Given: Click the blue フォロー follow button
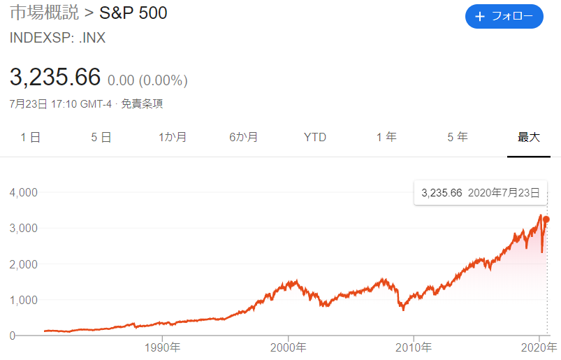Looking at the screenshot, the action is (x=504, y=17).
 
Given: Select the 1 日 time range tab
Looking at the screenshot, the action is (x=31, y=137).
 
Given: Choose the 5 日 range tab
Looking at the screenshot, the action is (x=101, y=137).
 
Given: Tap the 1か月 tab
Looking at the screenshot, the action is (x=173, y=137).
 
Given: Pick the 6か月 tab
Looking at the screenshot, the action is (x=243, y=137).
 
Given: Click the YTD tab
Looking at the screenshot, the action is (x=315, y=137).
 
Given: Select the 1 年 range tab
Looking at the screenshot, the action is (x=386, y=137).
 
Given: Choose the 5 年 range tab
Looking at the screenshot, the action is (x=458, y=137).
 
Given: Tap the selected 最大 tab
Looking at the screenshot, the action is (x=529, y=137).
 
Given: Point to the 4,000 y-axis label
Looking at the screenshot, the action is (x=24, y=192).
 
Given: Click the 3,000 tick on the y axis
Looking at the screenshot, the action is (x=24, y=229).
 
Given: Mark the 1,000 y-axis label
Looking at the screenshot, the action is (x=24, y=301).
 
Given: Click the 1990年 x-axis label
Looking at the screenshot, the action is (x=163, y=347).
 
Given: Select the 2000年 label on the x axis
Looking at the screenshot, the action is (x=288, y=347).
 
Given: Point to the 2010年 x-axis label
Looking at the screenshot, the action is (x=414, y=347).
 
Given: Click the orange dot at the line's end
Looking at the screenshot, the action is (x=546, y=219).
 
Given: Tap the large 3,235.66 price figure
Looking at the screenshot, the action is (x=55, y=77).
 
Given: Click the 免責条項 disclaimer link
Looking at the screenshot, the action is (x=142, y=103).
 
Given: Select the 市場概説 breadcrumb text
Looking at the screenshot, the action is (x=45, y=13).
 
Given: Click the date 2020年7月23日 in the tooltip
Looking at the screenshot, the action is (x=504, y=193).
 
